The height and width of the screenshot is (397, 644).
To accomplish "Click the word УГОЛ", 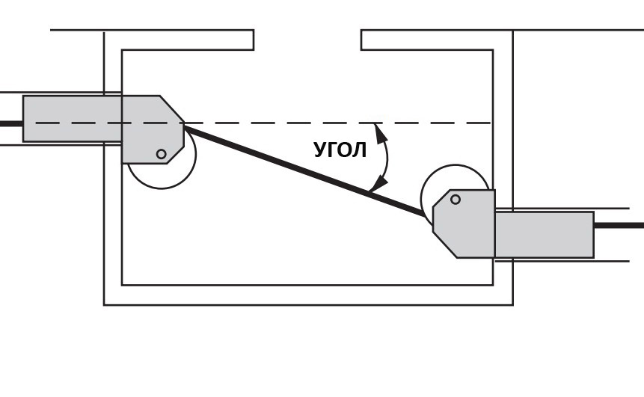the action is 340,150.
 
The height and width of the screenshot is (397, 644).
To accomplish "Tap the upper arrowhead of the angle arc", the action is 381,133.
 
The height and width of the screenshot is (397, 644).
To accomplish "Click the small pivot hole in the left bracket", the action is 162,154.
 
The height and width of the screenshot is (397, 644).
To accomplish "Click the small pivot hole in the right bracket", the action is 455,200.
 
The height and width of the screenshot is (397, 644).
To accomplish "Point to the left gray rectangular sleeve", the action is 73,119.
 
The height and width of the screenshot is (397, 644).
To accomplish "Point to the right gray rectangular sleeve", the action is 545,235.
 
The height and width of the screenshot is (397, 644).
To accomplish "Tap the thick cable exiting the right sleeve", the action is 619,225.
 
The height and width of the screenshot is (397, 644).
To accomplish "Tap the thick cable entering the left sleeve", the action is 11,123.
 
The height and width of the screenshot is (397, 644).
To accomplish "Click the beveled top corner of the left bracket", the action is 172,109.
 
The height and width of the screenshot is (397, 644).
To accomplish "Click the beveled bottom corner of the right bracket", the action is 444,245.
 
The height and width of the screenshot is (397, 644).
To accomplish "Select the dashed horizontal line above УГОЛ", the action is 263,123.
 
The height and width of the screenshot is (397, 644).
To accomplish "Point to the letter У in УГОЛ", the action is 320,150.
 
